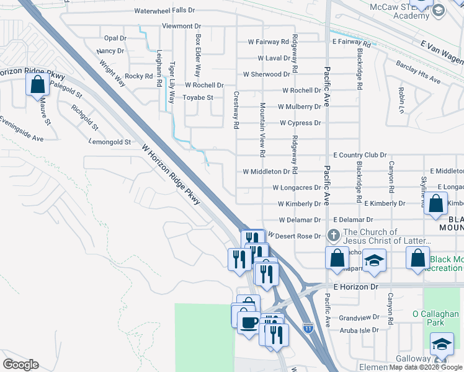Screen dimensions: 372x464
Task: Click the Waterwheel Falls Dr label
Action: pos(164,11)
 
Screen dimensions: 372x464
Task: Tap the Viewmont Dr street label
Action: pos(181,26)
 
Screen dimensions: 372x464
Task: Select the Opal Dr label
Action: pos(115,38)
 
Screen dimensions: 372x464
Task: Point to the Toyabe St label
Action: pos(198,97)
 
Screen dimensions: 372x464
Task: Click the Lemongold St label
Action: pos(110,141)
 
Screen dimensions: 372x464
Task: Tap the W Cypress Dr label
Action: pos(300,123)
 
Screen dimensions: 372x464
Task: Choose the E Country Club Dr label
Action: pos(360,155)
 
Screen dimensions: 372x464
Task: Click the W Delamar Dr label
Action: pos(300,219)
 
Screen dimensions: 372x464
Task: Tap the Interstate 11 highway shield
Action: pos(308,327)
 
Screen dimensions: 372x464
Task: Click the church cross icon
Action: pos(333,236)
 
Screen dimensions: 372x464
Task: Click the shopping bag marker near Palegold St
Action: pos(38,84)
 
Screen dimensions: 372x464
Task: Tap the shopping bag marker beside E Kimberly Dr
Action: pos(436,203)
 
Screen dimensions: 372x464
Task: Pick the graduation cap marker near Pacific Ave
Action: pos(374,260)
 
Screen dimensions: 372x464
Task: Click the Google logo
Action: pos(21,365)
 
